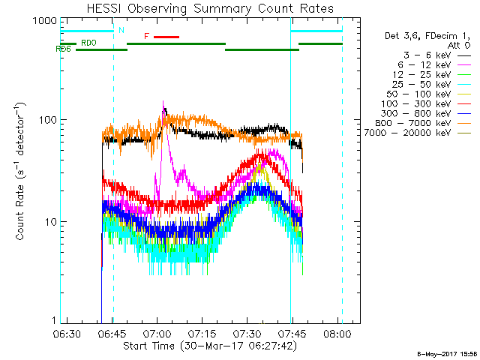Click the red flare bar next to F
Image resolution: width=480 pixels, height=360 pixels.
click(x=167, y=36)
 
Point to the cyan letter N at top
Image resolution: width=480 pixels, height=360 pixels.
click(x=121, y=30)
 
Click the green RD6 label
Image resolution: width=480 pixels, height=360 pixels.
click(x=64, y=49)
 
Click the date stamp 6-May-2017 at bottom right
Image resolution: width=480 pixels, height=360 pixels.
click(x=447, y=353)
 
